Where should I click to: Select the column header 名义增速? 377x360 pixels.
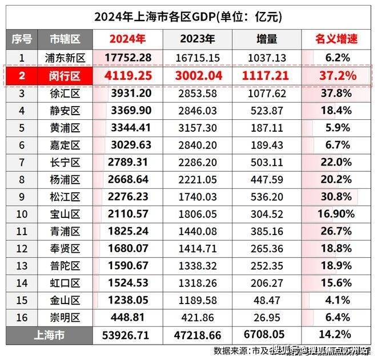click(x=336, y=39)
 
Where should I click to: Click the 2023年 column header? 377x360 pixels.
click(x=198, y=39)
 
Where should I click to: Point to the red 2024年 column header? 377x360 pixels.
click(x=129, y=39)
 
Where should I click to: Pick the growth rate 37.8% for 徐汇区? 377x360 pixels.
click(x=336, y=93)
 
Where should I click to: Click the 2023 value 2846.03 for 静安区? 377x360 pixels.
click(x=198, y=111)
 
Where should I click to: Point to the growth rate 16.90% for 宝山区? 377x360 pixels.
click(x=336, y=215)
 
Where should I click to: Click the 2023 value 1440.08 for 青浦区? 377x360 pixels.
click(x=198, y=232)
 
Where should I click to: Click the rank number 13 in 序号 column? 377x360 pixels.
click(x=22, y=267)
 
